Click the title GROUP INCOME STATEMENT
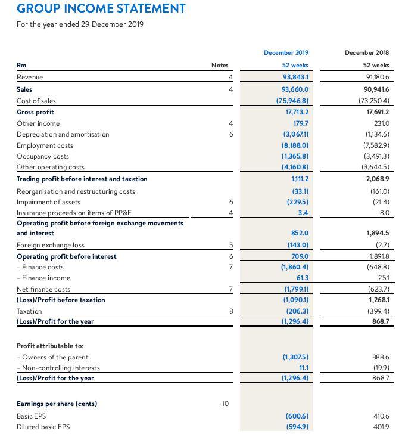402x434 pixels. pos(101,9)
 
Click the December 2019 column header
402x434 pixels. pos(289,52)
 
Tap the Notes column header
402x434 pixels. pos(220,66)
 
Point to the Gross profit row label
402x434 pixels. pos(35,112)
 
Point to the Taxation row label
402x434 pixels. pos(29,311)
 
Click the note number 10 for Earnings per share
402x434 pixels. pos(225,404)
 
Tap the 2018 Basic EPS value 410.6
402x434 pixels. pos(379,415)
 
